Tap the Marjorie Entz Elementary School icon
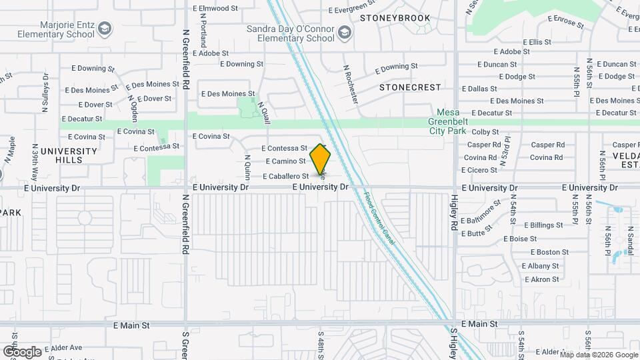pyautogui.click(x=105, y=28)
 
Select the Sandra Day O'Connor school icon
pyautogui.click(x=343, y=33)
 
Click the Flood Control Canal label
pyautogui.click(x=379, y=218)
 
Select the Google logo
pyautogui.click(x=22, y=351)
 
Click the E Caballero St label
pyautogui.click(x=285, y=177)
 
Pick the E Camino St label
pyautogui.click(x=285, y=161)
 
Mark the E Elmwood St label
pyautogui.click(x=215, y=9)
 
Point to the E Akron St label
pyautogui.click(x=541, y=279)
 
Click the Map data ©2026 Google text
pyautogui.click(x=598, y=355)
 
